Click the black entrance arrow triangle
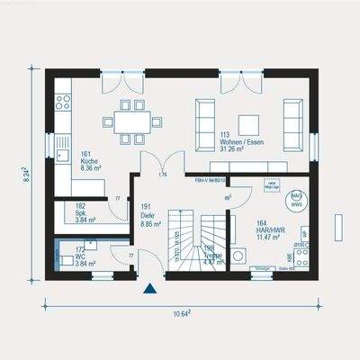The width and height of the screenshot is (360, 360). (x=149, y=290)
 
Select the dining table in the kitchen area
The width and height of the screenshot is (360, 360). (x=131, y=121)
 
